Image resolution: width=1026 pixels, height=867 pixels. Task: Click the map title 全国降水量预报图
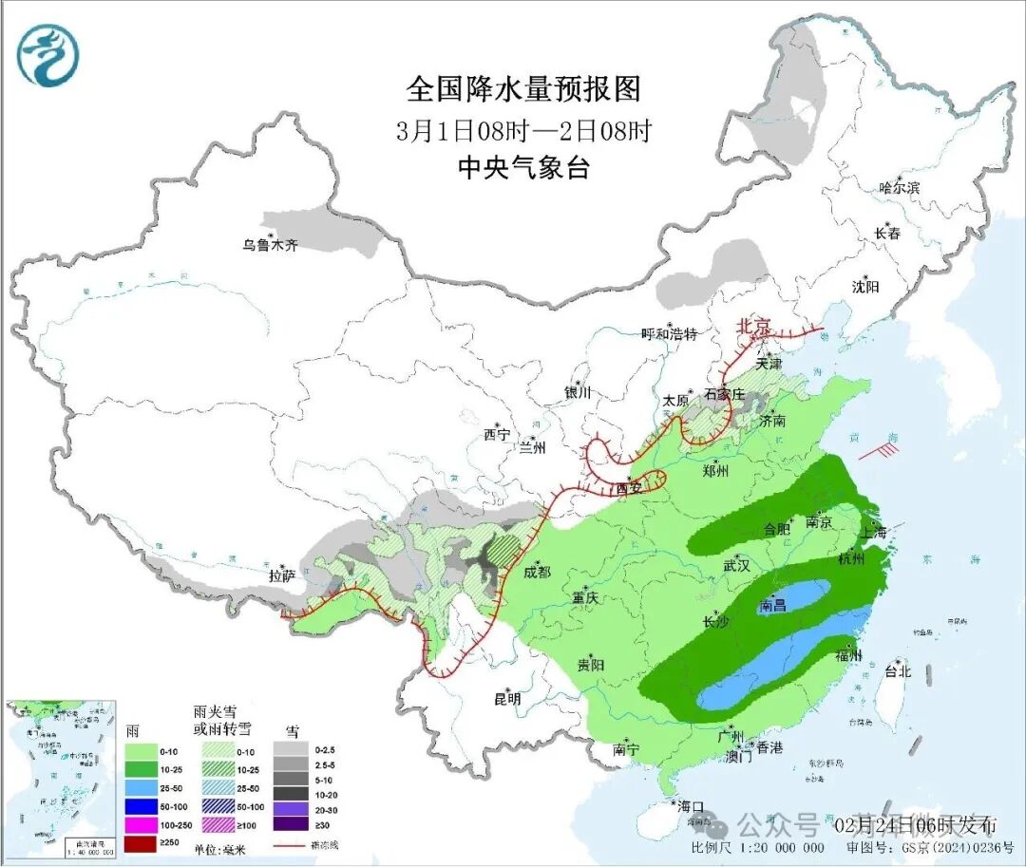click(523, 89)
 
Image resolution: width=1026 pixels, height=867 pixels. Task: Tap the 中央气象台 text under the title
click(523, 168)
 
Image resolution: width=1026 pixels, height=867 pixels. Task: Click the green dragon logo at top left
click(47, 55)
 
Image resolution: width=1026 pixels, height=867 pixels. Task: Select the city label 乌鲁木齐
click(270, 245)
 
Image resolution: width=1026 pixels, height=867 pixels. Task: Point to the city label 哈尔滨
click(899, 188)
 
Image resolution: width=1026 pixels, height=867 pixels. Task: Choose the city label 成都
click(537, 572)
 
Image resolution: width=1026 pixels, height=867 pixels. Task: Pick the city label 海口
click(690, 806)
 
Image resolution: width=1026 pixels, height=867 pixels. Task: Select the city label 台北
click(897, 671)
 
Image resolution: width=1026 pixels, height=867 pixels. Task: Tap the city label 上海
click(877, 533)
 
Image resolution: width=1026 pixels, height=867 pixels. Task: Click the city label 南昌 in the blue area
click(774, 605)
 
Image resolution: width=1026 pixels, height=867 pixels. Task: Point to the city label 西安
click(629, 488)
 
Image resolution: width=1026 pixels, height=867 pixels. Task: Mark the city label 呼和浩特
click(669, 334)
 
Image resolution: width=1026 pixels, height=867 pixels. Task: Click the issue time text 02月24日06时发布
click(915, 822)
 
